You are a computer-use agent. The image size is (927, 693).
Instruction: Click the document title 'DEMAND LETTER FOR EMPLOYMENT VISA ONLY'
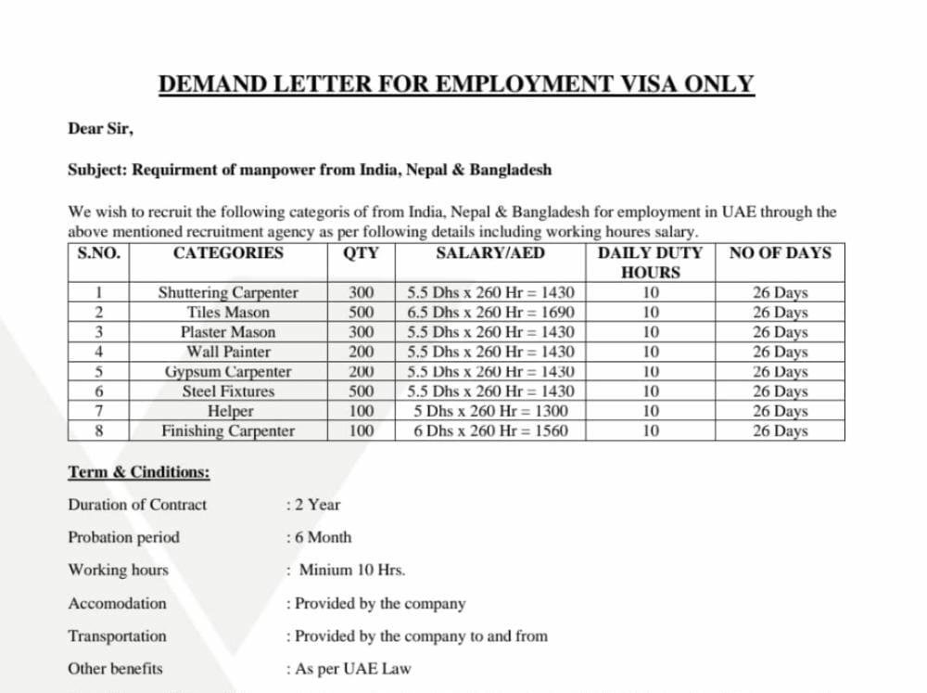[456, 84]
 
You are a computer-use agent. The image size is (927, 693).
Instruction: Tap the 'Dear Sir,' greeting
[100, 129]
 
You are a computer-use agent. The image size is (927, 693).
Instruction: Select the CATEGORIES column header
[228, 253]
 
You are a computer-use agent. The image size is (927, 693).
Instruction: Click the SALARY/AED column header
[490, 253]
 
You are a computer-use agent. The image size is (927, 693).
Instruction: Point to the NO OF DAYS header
[780, 253]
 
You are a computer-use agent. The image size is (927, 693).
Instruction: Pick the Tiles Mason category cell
[228, 313]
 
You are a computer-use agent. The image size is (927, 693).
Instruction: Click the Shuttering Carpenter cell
[228, 293]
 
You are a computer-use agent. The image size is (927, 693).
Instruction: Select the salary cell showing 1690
[490, 313]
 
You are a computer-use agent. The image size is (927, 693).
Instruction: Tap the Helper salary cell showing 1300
[490, 411]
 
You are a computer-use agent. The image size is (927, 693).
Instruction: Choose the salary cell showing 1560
[490, 430]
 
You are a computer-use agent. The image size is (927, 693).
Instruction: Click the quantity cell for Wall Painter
[362, 352]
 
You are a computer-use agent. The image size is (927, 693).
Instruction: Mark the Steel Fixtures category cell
[228, 391]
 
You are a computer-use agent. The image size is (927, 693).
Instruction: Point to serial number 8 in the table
[98, 430]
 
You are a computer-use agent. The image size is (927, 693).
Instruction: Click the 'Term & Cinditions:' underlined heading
[138, 472]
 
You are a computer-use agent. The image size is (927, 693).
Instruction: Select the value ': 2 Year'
[314, 505]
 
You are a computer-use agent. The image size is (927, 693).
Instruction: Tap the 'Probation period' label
[123, 537]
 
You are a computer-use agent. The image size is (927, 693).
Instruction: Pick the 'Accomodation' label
[117, 603]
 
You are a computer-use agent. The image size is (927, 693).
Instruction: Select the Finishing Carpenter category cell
[228, 430]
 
